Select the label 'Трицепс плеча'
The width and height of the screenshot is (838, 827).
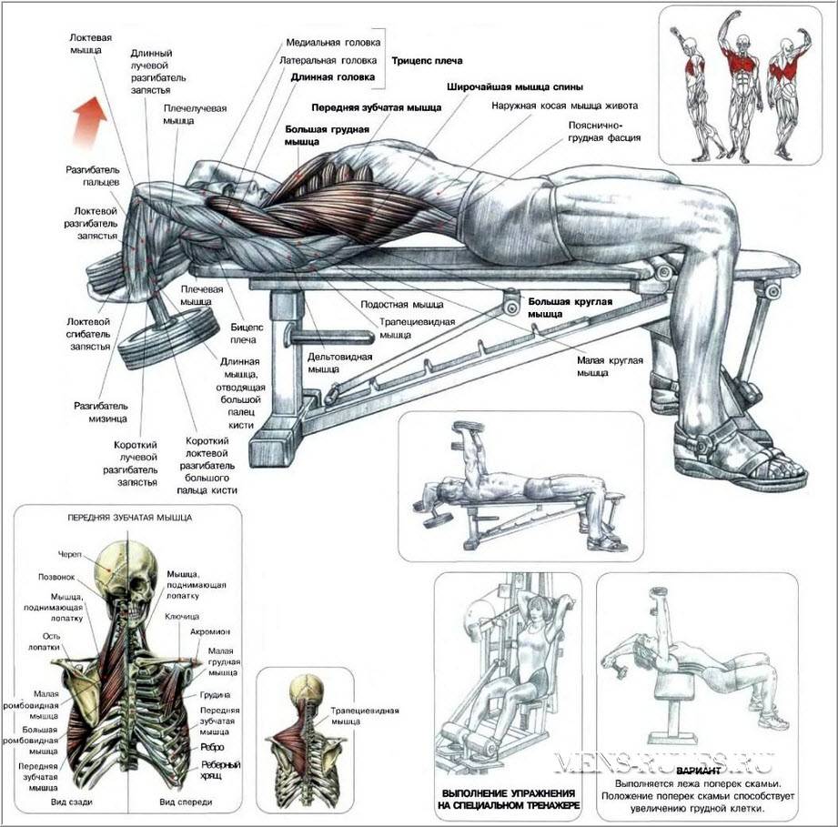(x=426, y=61)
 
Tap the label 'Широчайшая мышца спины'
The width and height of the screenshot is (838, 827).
(x=502, y=88)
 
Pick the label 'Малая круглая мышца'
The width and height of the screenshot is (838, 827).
(x=609, y=366)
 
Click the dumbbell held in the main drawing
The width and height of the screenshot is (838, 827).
(x=174, y=336)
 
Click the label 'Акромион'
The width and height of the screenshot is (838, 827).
(x=209, y=630)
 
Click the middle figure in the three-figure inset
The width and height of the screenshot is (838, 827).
(x=743, y=86)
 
